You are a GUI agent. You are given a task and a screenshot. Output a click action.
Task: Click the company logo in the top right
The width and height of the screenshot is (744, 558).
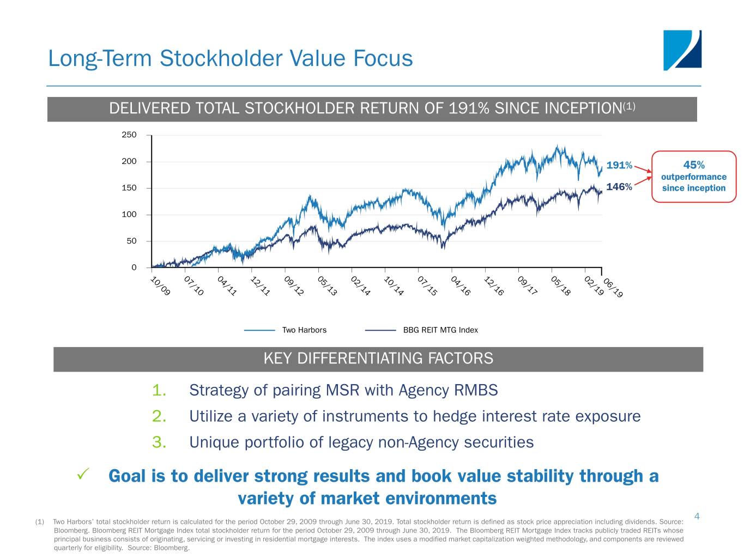pos(682,50)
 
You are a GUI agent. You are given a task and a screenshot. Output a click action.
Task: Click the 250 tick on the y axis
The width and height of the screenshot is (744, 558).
pos(129,135)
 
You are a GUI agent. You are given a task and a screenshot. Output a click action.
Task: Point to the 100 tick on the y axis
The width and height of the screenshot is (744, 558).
pos(129,214)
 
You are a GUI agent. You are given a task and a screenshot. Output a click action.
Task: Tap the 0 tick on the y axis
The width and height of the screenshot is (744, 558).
pos(134,267)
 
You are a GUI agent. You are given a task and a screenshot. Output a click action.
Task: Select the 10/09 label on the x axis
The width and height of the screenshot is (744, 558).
pos(160,287)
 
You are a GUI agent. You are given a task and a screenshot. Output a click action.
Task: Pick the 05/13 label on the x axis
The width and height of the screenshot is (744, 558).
pos(327,286)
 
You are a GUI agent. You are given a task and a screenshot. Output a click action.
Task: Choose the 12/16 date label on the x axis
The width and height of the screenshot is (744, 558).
pos(494,286)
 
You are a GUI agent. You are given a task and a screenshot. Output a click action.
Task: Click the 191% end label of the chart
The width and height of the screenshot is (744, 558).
pos(619,165)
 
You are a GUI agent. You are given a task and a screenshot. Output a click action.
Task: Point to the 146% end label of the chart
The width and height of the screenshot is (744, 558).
pos(619,187)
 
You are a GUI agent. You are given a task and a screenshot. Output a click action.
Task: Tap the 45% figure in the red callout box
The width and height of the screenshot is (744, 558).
pos(693,165)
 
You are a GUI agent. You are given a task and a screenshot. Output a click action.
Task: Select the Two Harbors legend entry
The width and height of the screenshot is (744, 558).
pos(304,330)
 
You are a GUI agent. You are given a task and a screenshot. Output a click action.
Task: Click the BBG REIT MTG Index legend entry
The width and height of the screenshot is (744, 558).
pos(440,330)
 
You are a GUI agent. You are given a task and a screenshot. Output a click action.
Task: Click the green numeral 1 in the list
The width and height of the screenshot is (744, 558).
pos(159,390)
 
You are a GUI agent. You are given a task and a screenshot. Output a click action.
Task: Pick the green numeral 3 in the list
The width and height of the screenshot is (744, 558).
pos(159,442)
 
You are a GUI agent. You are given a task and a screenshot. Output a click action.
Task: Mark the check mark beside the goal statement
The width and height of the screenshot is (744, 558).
pos(83,475)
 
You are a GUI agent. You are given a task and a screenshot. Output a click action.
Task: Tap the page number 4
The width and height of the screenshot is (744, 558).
pos(697,516)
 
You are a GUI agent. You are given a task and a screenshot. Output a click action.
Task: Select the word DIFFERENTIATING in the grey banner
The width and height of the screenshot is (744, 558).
pos(361,358)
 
